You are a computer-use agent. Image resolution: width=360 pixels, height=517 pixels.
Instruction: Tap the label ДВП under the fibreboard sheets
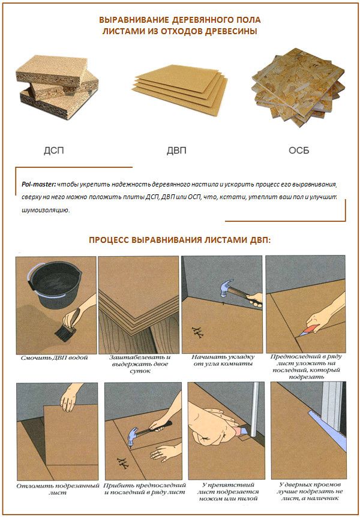point(176,151)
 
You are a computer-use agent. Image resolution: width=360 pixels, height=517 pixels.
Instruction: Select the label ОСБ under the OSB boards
point(298,151)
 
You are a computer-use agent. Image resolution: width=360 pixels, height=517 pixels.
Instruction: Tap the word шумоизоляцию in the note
point(46,211)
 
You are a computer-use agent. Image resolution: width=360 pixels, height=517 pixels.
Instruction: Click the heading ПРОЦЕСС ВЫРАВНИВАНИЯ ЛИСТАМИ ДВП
point(179,239)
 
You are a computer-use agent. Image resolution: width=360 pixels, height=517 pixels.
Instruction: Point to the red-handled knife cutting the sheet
point(310,324)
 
